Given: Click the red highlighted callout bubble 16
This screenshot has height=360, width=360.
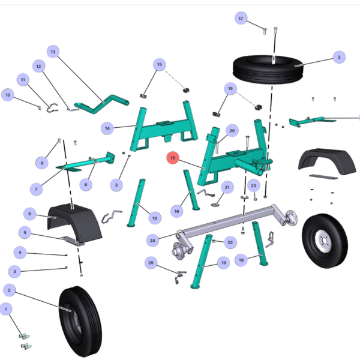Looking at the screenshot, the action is [173, 158].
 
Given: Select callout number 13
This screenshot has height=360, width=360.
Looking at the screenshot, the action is [53, 52].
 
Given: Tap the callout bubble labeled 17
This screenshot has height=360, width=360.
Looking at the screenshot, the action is [241, 18].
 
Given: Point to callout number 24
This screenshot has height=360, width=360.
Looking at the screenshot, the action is [152, 241].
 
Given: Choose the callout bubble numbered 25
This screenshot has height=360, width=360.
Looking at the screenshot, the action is [151, 263].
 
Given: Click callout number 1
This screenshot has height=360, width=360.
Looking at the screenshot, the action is [6, 309].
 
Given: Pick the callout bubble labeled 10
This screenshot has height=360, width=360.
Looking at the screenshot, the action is [8, 95].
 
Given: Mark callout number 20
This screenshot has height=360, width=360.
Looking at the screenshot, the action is [232, 130].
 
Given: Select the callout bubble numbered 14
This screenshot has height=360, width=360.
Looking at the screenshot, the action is [107, 128].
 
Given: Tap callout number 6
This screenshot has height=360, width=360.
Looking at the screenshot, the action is [29, 214].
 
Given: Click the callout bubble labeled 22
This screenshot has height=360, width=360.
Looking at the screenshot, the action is [230, 242].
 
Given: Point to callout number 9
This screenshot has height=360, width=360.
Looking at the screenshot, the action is [42, 163].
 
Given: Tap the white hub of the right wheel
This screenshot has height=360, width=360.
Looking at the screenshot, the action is [323, 241].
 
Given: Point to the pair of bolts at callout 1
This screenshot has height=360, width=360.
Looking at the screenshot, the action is [25, 341].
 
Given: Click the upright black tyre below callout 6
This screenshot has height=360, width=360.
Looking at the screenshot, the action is [80, 322].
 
